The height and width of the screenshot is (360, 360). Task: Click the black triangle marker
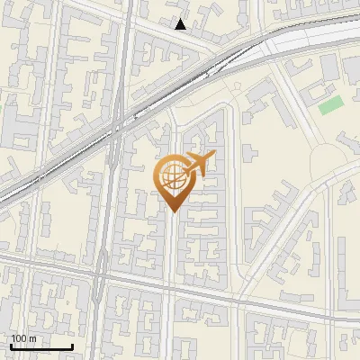pyautogui.click(x=181, y=24)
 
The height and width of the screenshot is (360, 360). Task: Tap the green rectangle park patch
pyautogui.click(x=330, y=105)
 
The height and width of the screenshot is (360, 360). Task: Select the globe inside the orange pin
pyautogui.click(x=172, y=179)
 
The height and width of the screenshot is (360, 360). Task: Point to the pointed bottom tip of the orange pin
pyautogui.click(x=172, y=212)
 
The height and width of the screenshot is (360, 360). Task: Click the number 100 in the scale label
pyautogui.click(x=18, y=338)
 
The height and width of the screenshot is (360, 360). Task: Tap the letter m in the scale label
pyautogui.click(x=31, y=338)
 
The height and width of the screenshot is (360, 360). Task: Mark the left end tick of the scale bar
pyautogui.click(x=11, y=346)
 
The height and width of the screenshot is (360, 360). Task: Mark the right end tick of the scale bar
pyautogui.click(x=72, y=346)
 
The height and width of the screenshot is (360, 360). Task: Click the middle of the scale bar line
pyautogui.click(x=41, y=347)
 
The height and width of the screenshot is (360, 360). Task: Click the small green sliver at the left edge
pyautogui.click(x=2, y=108)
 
